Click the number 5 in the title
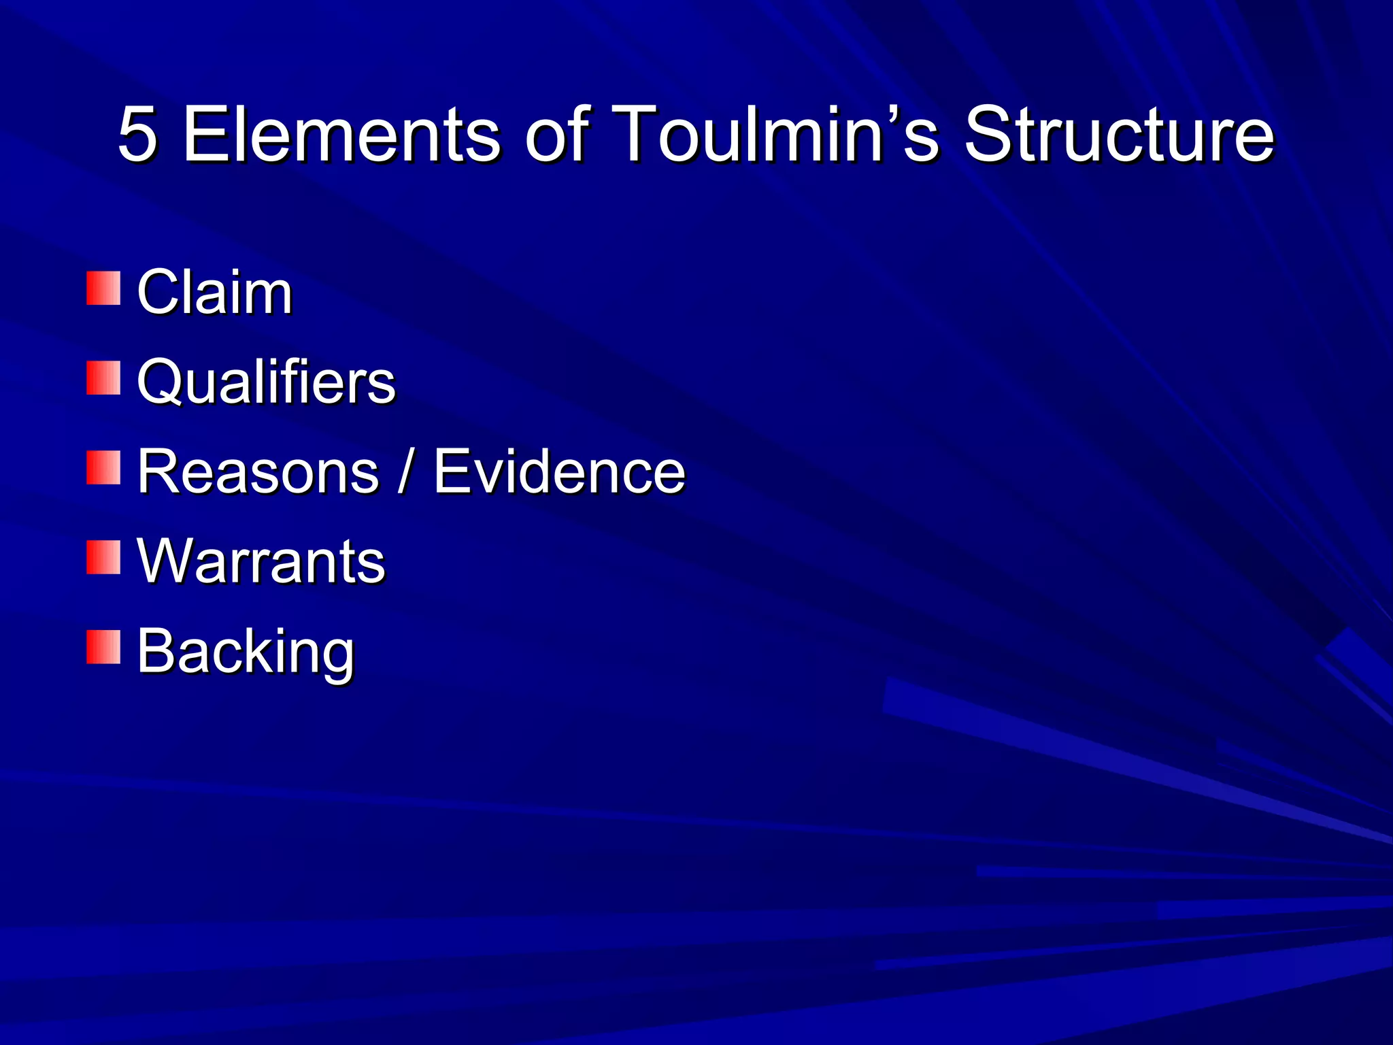click(x=138, y=134)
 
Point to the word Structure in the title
click(x=1119, y=134)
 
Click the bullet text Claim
click(x=214, y=292)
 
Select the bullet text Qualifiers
click(x=266, y=382)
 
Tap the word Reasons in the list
click(x=258, y=471)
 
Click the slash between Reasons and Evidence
click(x=406, y=471)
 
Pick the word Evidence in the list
click(x=559, y=471)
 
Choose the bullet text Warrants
click(x=261, y=561)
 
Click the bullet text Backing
click(x=246, y=651)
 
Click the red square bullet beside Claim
click(x=103, y=288)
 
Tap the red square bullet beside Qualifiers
click(x=103, y=378)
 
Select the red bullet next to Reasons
click(x=103, y=468)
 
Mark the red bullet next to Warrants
click(x=103, y=558)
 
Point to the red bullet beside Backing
click(x=103, y=648)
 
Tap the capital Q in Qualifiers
click(x=161, y=382)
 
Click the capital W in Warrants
click(x=166, y=561)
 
